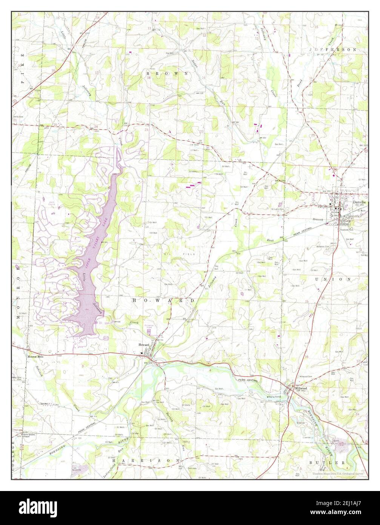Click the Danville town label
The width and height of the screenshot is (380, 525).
tap(359, 202)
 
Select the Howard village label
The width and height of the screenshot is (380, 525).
tap(144, 345)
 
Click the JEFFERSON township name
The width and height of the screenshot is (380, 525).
tap(332, 50)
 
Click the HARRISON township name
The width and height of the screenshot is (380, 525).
tap(146, 461)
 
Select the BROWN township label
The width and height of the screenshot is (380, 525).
tap(167, 73)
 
